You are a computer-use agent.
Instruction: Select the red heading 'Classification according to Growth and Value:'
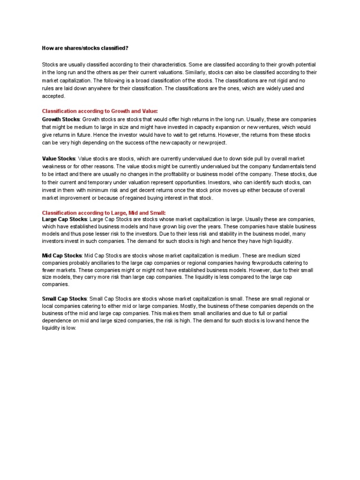point(100,111)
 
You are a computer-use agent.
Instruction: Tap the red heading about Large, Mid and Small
point(104,213)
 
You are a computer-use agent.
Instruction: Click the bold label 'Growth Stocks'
point(61,120)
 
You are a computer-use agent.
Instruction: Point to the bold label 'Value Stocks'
point(59,159)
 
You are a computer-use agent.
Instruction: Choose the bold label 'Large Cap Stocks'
point(64,219)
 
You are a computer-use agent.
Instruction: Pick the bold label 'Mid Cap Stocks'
point(62,255)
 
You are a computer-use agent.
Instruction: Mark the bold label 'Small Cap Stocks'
point(64,299)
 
